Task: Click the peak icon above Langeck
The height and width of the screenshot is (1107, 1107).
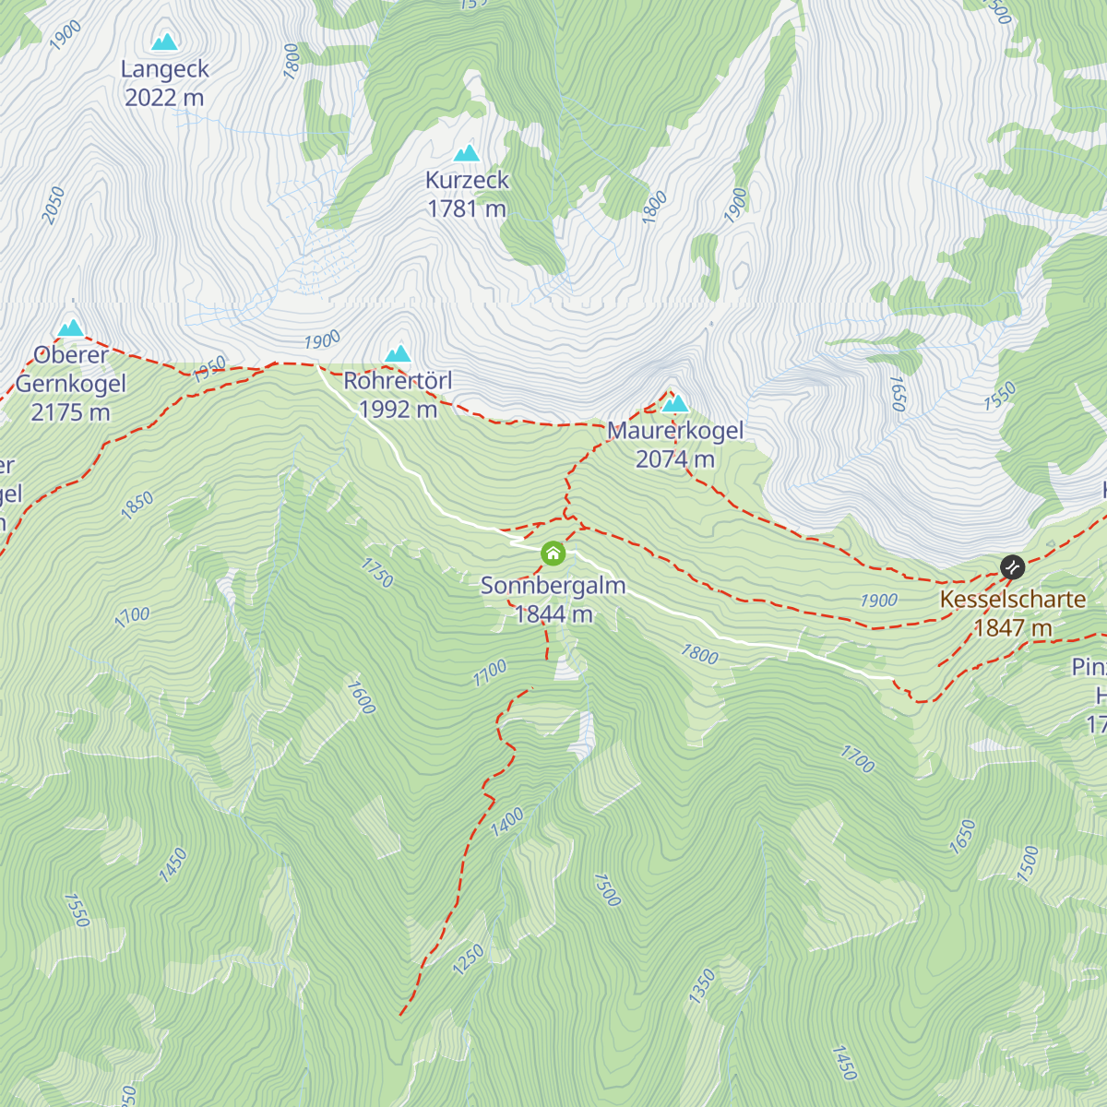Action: coord(165,42)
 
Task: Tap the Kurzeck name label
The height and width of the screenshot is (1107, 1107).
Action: coord(467,180)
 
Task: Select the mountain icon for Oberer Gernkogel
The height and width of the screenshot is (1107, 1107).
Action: coord(71,328)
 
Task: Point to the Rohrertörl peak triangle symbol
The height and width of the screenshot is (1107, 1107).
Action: coord(398,353)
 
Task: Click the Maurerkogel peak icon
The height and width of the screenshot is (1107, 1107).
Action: coord(675,403)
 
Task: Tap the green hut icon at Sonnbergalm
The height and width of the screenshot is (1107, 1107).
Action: coord(553,553)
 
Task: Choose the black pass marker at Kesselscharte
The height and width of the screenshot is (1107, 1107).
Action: coord(1012,566)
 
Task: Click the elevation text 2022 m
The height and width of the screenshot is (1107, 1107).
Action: coord(164,98)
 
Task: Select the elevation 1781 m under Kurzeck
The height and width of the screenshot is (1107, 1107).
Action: coord(467,209)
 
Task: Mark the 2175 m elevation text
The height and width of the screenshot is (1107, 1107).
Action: coord(71,412)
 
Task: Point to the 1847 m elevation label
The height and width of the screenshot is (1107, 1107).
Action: coord(1013,628)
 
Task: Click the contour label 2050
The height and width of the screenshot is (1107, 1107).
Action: coord(54,205)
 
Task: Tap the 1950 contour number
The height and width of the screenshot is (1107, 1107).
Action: coord(209,370)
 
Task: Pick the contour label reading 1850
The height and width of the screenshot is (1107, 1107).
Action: coord(137,506)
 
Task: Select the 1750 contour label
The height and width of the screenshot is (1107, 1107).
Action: coord(377,573)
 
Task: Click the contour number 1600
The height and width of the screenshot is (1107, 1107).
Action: coord(361,697)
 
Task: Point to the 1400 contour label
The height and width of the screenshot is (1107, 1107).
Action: coord(506,821)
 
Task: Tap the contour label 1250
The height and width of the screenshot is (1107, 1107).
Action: coord(468,960)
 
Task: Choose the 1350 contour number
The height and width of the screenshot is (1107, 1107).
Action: coord(702,986)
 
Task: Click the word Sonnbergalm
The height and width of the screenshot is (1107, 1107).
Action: coord(553,586)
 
